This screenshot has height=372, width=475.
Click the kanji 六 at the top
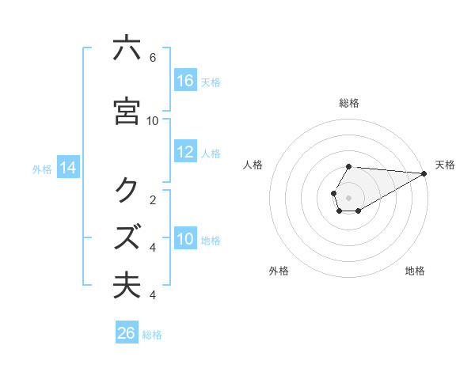click(127, 48)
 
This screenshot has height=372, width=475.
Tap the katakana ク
click(127, 190)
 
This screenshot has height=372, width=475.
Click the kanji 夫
click(127, 285)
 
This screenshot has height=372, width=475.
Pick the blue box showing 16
click(185, 81)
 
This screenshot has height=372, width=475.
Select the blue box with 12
click(185, 152)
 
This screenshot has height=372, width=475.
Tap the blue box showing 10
click(185, 239)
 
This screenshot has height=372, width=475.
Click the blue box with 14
click(68, 168)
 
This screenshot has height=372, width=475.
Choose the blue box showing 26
click(127, 333)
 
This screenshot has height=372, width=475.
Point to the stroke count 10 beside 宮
click(153, 120)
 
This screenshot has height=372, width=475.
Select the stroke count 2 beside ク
click(152, 199)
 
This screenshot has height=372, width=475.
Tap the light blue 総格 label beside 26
click(152, 335)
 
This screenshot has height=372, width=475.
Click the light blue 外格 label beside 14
click(42, 169)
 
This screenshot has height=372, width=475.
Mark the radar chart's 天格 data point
click(424, 173)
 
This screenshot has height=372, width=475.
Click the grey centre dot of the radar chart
click(348, 197)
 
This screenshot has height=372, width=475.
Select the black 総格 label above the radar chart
click(348, 103)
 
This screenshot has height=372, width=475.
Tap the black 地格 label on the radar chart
click(415, 271)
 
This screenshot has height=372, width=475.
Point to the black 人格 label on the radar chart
click(253, 165)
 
